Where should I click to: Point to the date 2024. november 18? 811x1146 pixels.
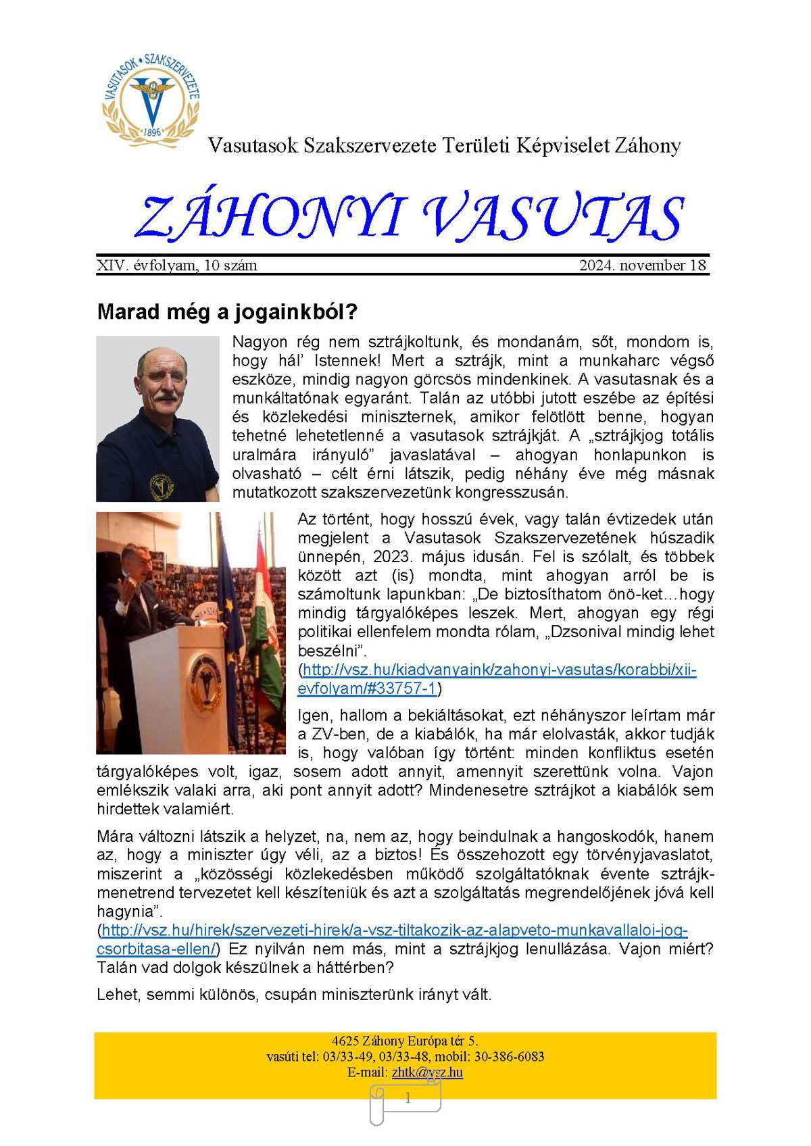click(642, 266)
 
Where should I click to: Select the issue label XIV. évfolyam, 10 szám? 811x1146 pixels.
click(177, 266)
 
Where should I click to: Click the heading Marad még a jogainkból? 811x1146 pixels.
click(227, 312)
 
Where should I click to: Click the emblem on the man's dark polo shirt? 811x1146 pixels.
click(162, 484)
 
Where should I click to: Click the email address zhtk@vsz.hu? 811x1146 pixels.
click(427, 1072)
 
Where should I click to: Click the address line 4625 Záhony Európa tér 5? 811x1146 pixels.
click(405, 1041)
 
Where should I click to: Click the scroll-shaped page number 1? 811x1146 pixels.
click(407, 1099)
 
